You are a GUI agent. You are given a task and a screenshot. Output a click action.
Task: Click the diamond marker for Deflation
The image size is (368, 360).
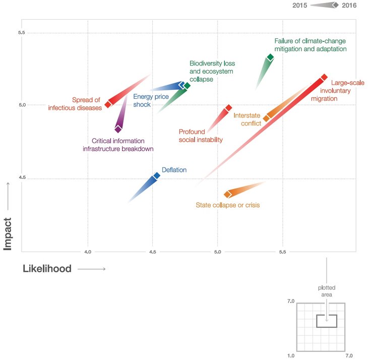(157, 175)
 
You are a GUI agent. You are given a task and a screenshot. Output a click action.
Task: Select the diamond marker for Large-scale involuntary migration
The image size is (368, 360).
(324, 77)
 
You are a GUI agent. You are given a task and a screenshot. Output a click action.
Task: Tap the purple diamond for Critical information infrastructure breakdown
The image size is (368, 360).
(118, 129)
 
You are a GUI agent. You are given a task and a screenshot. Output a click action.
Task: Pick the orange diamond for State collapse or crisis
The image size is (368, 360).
(228, 194)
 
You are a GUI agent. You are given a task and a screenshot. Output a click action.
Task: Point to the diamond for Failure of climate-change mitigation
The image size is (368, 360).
(271, 58)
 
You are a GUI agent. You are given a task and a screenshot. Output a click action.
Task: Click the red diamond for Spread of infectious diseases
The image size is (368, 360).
(108, 104)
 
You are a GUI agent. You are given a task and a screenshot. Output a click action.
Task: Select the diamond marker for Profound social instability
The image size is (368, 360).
(228, 108)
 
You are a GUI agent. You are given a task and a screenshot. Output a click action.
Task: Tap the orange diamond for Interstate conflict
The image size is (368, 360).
(267, 118)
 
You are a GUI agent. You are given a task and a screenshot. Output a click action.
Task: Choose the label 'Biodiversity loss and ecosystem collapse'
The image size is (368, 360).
(212, 72)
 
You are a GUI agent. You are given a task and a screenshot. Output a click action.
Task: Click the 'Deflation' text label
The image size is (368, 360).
(174, 170)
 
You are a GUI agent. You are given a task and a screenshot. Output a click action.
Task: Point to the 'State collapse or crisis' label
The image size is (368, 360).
(227, 205)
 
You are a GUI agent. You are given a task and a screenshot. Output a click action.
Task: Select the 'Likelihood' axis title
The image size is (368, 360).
(47, 269)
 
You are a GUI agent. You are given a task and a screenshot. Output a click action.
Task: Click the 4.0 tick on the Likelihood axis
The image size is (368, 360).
(88, 251)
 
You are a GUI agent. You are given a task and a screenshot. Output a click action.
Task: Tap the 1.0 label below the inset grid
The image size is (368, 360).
(291, 356)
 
